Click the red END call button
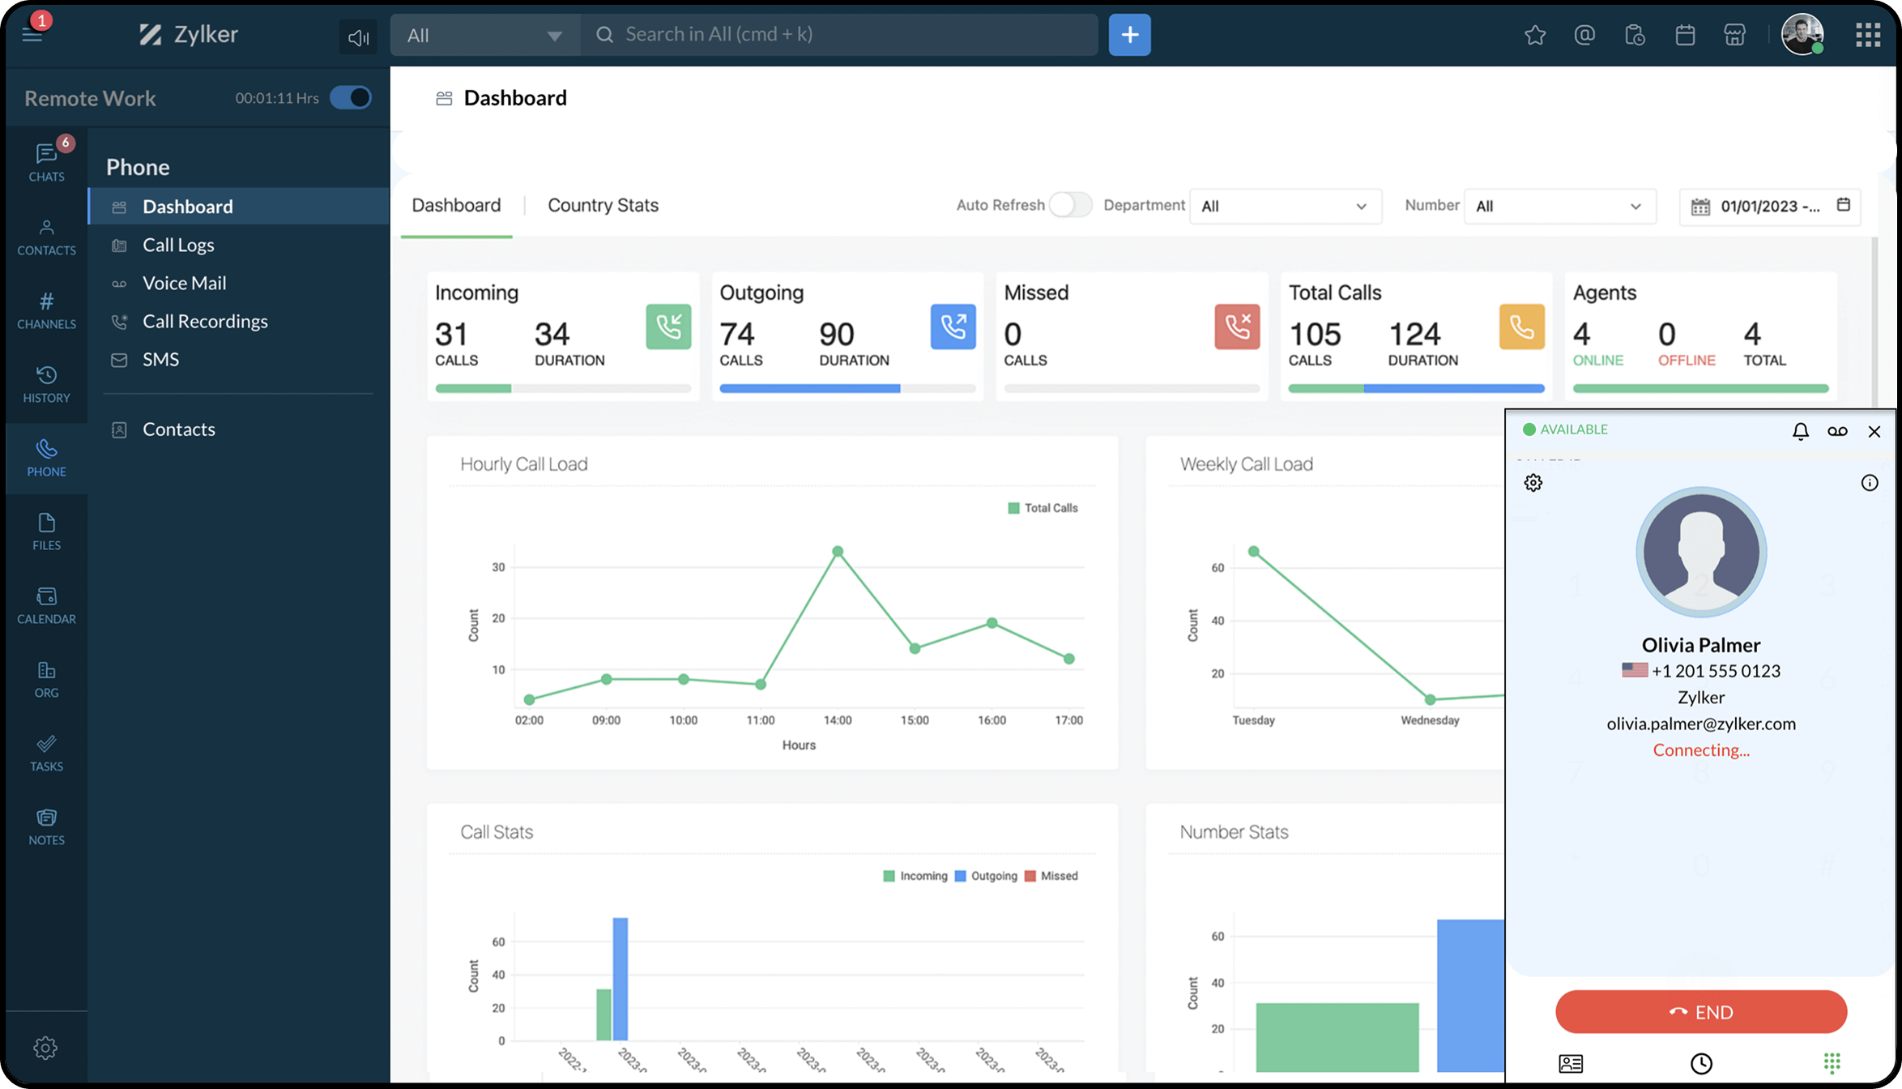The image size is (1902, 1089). [1700, 1011]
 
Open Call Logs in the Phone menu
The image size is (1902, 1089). [178, 245]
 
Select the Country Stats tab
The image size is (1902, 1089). [603, 205]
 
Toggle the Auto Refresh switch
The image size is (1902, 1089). [1069, 205]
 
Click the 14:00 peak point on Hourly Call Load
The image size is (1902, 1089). [838, 552]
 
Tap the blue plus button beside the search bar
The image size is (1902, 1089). [1129, 35]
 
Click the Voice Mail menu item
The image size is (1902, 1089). [184, 283]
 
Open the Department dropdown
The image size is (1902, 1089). [1284, 206]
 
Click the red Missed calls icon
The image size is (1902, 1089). [1236, 327]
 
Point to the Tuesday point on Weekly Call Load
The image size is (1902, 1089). [1253, 552]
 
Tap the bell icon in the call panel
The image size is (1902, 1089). [1800, 431]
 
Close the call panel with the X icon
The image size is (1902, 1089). [1874, 431]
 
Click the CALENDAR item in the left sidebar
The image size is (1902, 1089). [46, 605]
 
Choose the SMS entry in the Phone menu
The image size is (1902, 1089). [160, 359]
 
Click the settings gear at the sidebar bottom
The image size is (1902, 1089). [45, 1048]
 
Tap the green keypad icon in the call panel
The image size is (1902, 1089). [1832, 1062]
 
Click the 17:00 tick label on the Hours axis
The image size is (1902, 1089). [1068, 720]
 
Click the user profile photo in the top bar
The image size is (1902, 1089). [1802, 35]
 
